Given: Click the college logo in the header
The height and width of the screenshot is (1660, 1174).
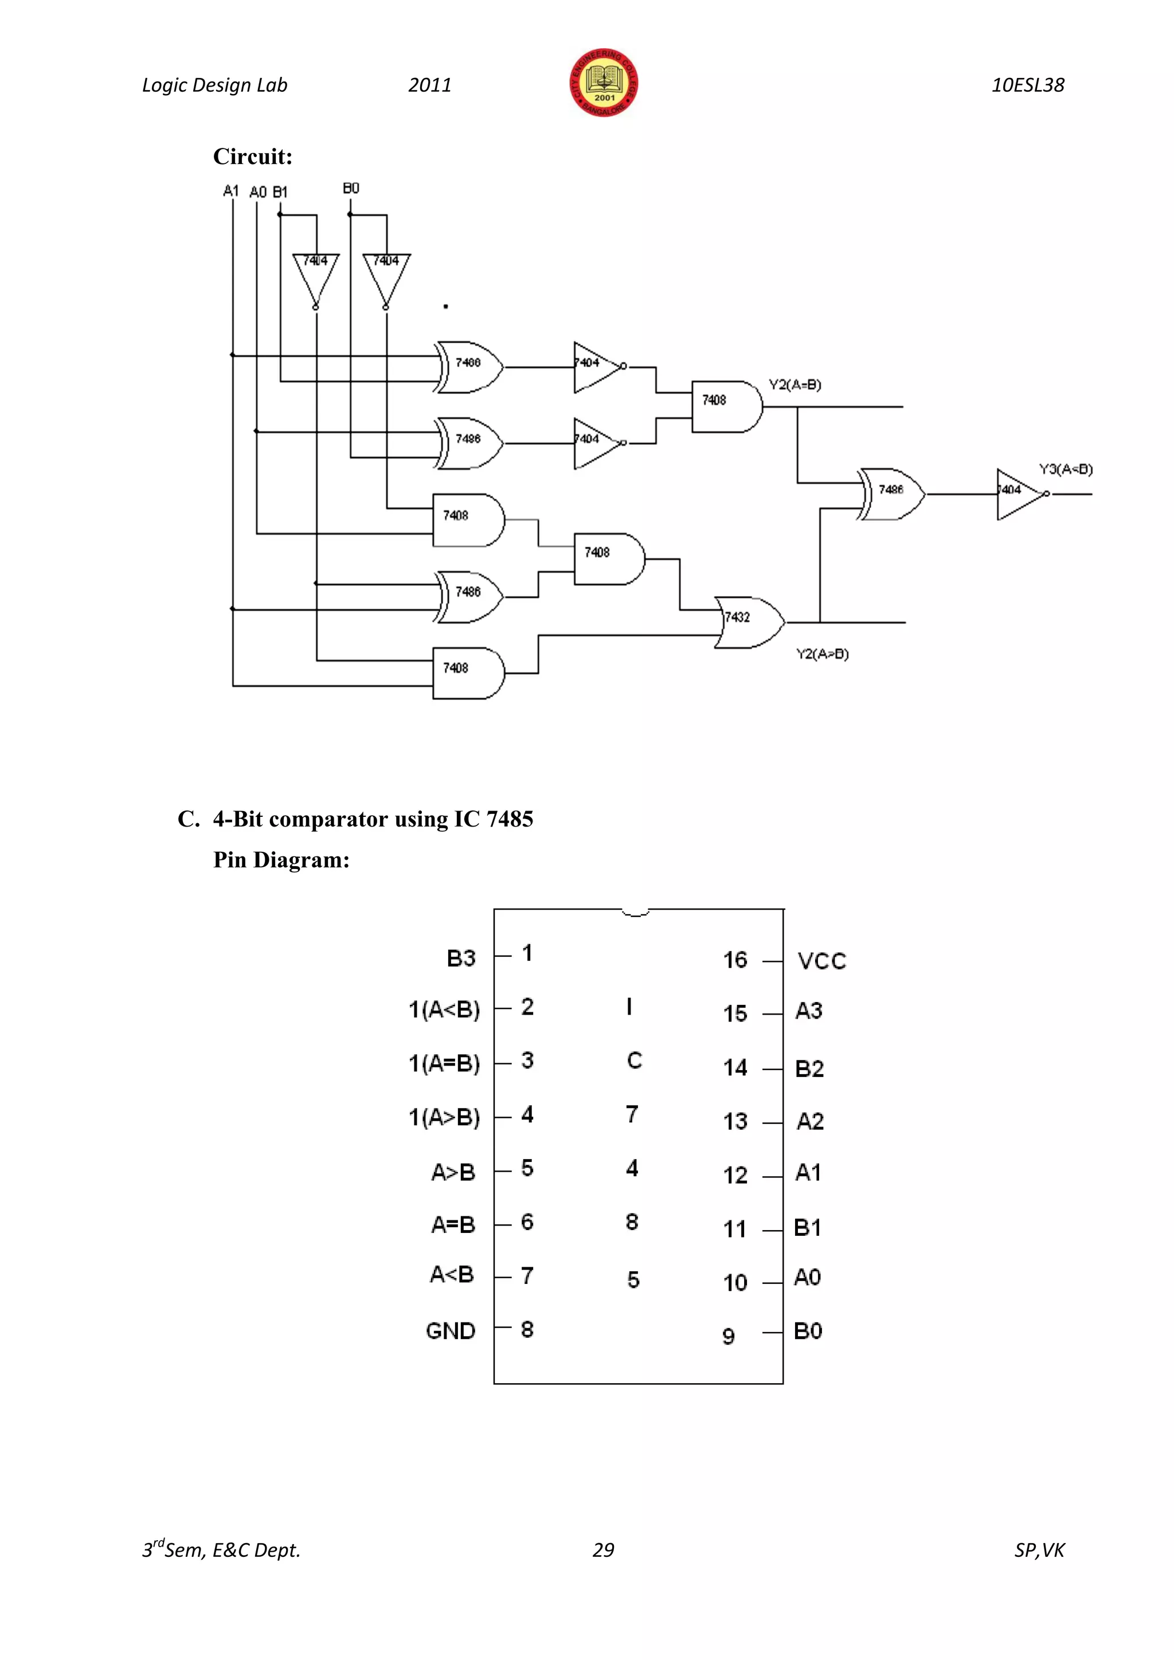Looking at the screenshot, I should coord(604,83).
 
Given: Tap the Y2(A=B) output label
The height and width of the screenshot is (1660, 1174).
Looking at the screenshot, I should coord(795,385).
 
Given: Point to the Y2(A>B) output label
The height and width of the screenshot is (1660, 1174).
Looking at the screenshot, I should coord(822,653).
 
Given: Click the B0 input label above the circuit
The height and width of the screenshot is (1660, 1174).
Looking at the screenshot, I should coord(351,188).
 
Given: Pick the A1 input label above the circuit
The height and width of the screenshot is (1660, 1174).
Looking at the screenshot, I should coord(230,191).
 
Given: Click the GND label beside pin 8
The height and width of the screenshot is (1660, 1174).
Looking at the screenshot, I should coord(451,1331).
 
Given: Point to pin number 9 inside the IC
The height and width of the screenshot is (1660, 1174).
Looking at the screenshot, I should coord(729,1336).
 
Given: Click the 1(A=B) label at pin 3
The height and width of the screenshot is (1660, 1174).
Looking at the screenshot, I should coord(444,1063).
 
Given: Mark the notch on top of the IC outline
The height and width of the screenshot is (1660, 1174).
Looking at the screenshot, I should coord(635,913).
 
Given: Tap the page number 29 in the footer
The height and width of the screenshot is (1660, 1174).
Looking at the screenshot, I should coord(603,1549).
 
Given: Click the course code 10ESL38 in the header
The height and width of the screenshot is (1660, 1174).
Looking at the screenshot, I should coord(1027,85).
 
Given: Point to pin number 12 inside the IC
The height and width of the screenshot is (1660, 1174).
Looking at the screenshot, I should coord(735,1175).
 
